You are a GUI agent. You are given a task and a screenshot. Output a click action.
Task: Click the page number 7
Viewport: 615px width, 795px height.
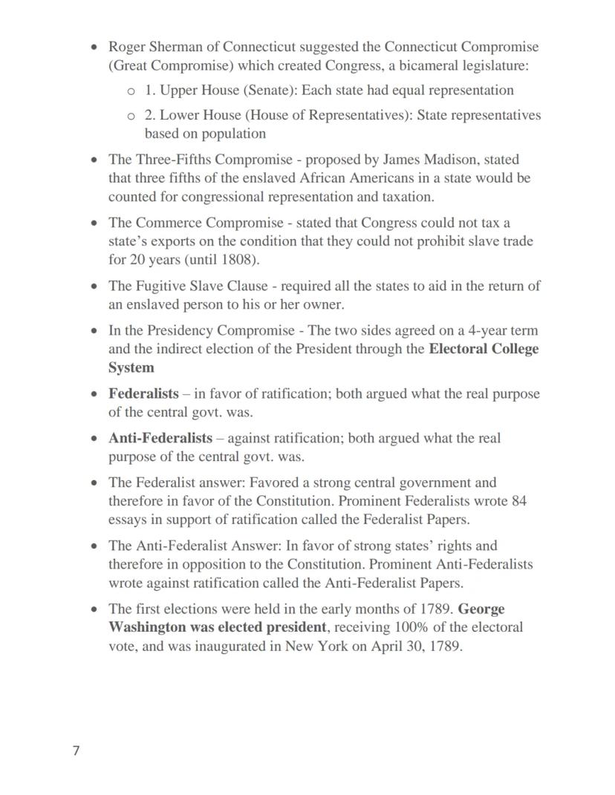click(x=76, y=750)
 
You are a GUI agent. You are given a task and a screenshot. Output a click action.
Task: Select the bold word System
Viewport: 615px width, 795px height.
click(x=131, y=368)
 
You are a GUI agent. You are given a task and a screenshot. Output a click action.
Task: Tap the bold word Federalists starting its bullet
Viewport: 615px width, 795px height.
click(x=143, y=394)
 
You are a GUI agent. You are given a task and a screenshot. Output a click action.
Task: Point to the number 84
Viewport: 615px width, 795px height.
click(x=519, y=501)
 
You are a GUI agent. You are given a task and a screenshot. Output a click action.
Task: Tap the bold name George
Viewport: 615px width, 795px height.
click(x=481, y=609)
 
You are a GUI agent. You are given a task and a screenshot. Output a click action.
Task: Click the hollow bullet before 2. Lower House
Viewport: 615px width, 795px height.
click(x=131, y=116)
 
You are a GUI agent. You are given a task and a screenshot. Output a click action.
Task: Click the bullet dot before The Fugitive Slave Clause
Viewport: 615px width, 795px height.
click(x=94, y=287)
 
